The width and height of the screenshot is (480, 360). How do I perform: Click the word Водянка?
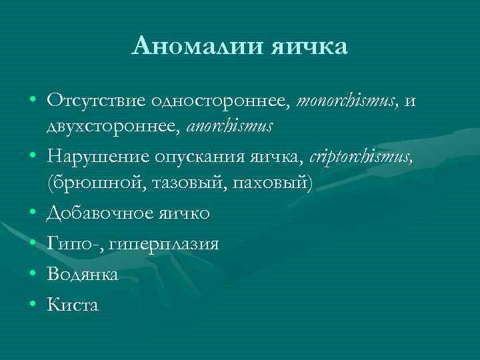(83, 274)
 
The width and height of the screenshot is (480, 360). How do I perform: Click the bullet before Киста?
(32, 305)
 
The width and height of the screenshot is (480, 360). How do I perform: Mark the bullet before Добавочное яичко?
(32, 213)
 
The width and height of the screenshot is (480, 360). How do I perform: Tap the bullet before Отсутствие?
(32, 102)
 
